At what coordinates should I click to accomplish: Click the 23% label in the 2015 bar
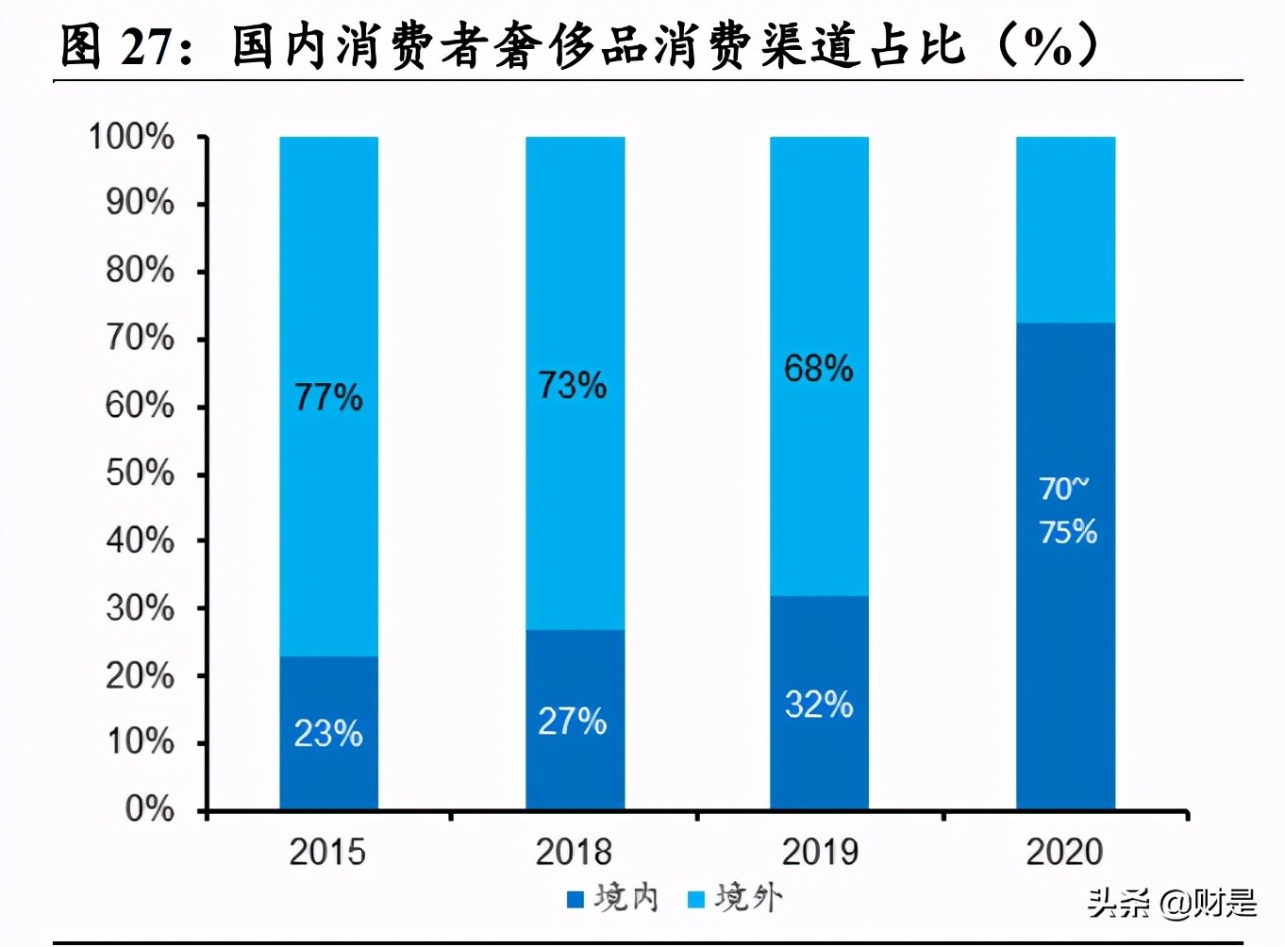(328, 734)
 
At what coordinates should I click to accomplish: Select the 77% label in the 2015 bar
(328, 397)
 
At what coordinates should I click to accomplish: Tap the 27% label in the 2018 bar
(573, 722)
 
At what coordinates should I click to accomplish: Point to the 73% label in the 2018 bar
(573, 385)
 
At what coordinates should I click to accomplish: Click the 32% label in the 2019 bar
(819, 705)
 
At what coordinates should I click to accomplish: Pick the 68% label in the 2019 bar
(819, 368)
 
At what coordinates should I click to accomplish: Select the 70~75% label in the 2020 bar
(1067, 510)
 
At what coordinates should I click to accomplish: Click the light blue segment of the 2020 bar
(1065, 229)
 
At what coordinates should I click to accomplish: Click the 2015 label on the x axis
(327, 852)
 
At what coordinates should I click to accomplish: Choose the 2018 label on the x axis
(574, 852)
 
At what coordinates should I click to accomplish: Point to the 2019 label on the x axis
(820, 852)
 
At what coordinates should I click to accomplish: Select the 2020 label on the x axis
(1064, 852)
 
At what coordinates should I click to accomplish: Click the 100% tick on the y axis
(131, 138)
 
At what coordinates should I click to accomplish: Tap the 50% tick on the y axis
(140, 473)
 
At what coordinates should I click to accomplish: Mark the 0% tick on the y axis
(149, 808)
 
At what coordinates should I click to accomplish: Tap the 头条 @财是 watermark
(1172, 903)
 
